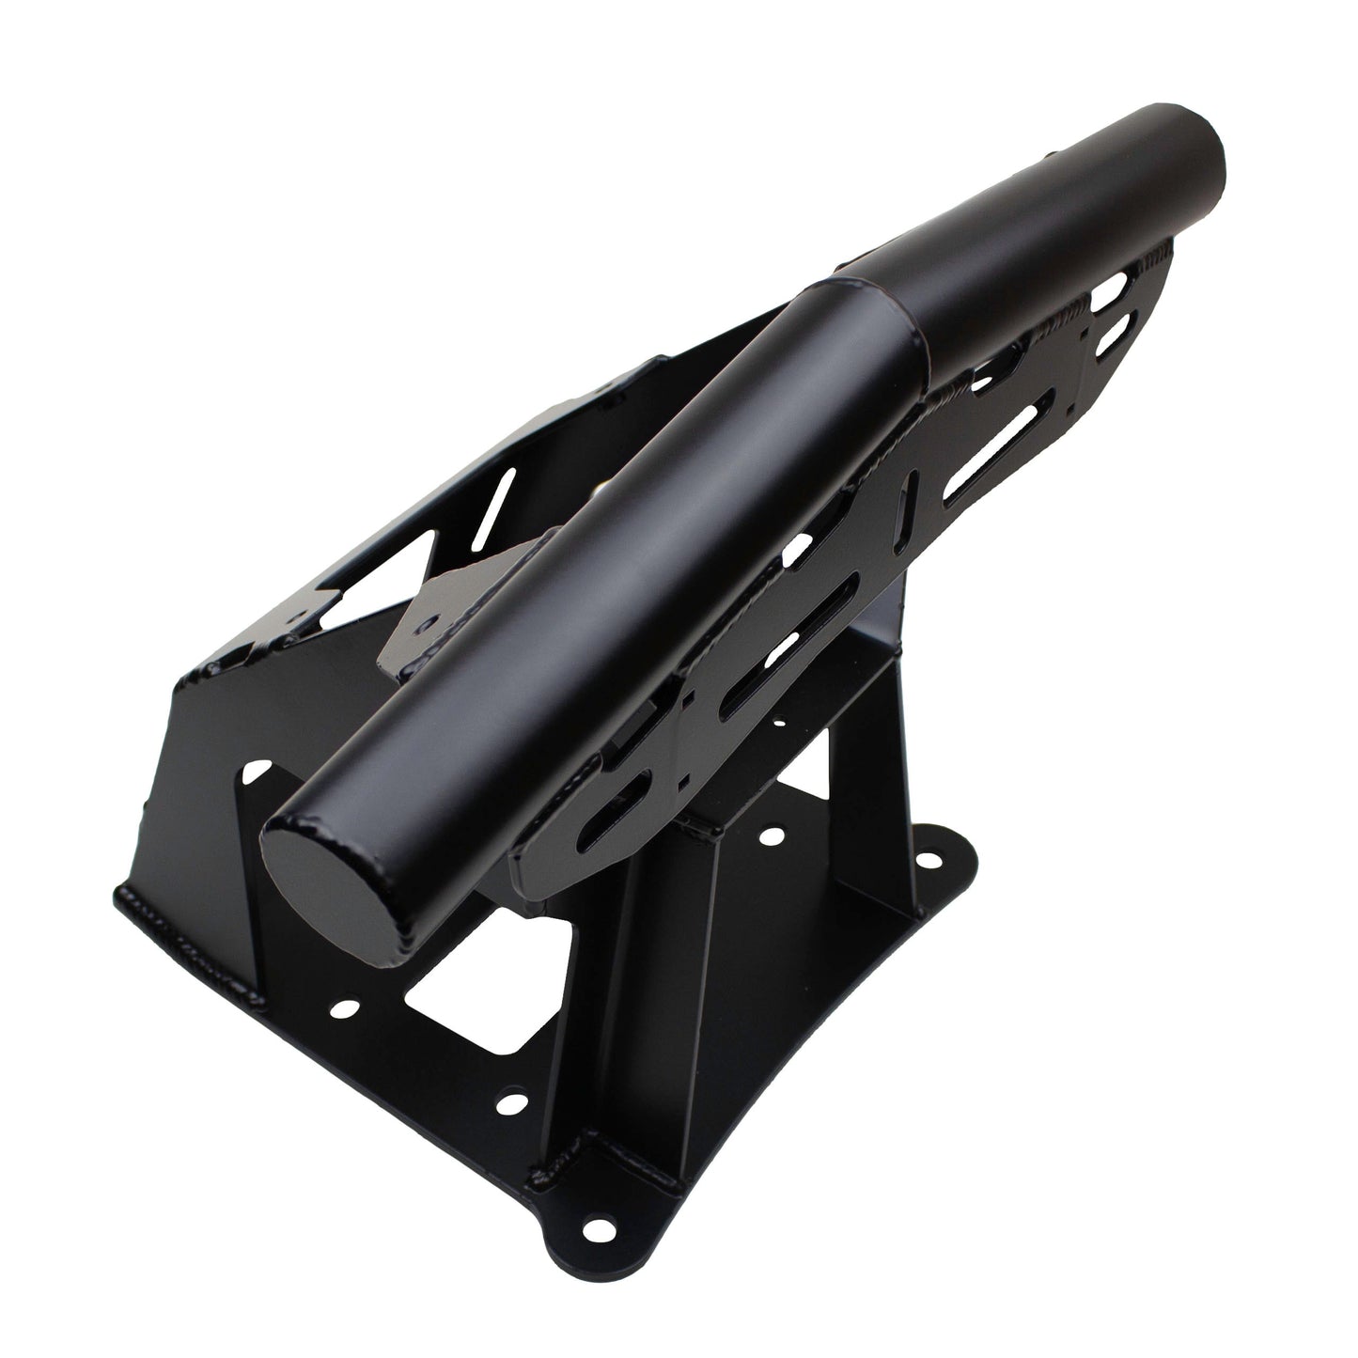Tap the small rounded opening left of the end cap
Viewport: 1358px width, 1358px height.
coord(254,776)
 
